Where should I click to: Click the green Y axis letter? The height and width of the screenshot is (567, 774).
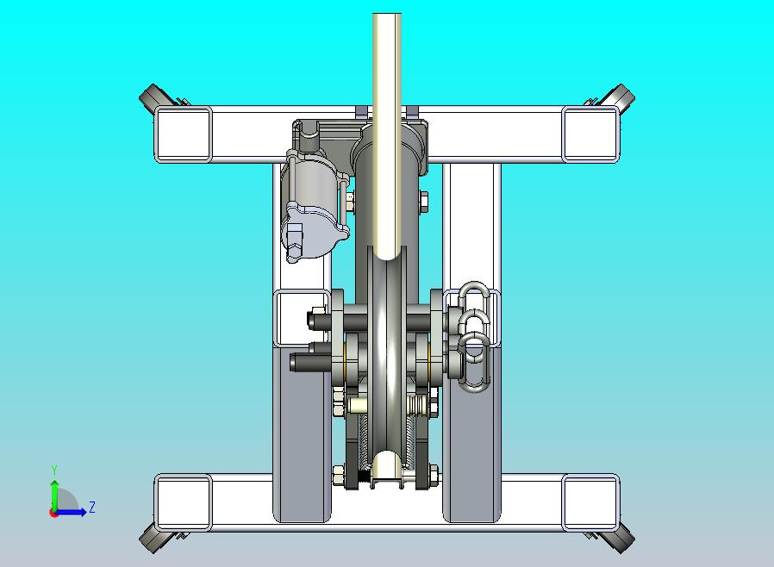[54, 470]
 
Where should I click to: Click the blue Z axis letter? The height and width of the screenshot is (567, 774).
[92, 507]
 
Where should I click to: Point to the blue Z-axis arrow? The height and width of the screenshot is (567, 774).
[70, 512]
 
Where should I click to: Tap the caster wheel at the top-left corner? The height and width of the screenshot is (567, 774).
[151, 97]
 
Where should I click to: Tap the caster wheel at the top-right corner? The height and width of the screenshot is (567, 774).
[622, 97]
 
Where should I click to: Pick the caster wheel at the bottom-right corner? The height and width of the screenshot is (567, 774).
[622, 540]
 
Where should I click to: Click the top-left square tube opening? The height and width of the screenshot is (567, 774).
[183, 134]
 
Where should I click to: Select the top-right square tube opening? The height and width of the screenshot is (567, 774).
[590, 134]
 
